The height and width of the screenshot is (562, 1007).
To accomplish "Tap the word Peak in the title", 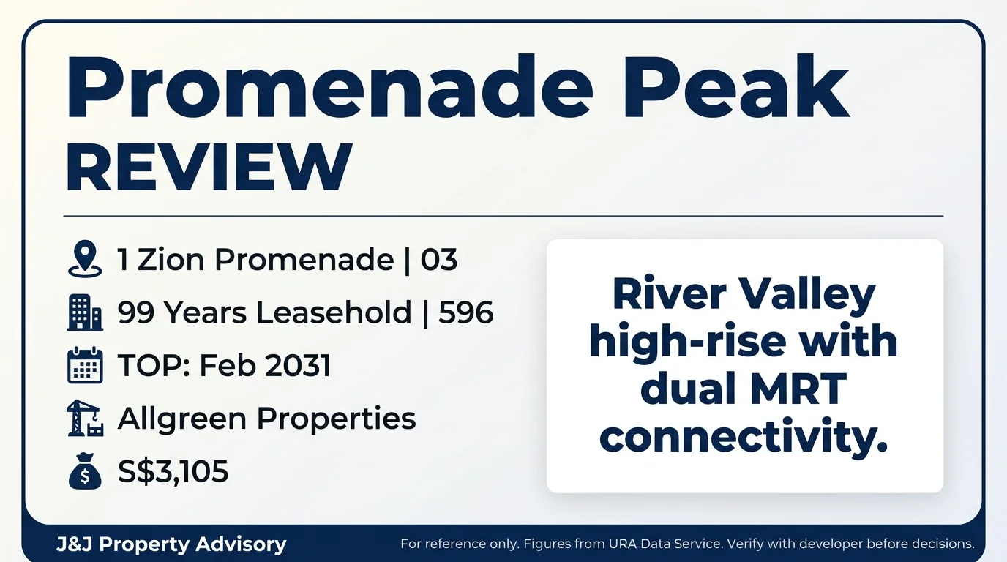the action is [x=735, y=86].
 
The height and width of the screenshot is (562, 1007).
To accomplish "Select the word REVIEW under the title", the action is [x=209, y=165].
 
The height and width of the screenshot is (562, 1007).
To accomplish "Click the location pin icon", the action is [x=85, y=259].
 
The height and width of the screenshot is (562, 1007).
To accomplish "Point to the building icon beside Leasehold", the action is [x=85, y=312].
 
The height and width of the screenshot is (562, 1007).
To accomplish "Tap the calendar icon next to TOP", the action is [x=85, y=365].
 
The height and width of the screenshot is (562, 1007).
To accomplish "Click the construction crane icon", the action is [x=85, y=418].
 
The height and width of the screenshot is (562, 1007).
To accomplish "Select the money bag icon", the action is [x=85, y=471].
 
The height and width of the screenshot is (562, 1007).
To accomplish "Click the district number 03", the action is [x=439, y=260].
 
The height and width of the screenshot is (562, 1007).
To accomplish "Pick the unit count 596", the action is [x=465, y=312].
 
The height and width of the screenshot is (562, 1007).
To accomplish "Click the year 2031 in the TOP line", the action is [x=298, y=365].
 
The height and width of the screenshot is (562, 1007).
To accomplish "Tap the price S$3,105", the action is [x=173, y=471].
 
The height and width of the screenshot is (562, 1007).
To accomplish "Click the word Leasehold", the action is [x=334, y=312].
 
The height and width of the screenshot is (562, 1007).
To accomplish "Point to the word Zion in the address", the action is [x=171, y=260].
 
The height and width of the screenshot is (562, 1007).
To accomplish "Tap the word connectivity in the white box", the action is [x=744, y=438].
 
